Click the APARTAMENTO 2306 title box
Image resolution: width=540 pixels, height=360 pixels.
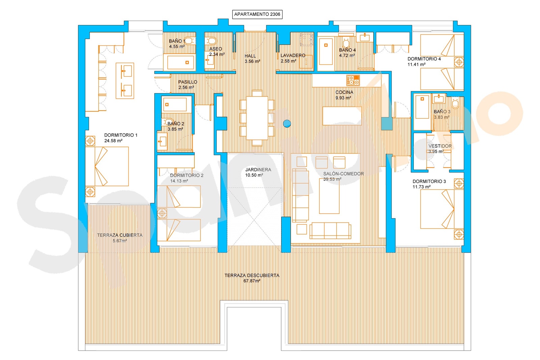point(257,14)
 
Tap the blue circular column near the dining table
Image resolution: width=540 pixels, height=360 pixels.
point(287,123)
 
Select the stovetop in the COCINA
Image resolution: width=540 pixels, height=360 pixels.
point(353,81)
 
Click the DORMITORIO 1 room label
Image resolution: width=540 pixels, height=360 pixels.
point(121,135)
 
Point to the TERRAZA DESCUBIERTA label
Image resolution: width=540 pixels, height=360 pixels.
point(252,275)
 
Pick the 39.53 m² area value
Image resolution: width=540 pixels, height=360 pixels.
point(332,179)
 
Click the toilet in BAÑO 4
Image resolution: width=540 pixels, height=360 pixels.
point(346,43)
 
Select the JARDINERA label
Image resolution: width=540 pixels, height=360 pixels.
point(258,170)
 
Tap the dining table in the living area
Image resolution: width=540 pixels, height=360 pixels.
point(257,118)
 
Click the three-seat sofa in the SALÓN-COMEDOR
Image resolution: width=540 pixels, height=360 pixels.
point(330,230)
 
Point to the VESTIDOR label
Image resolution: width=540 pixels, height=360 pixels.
point(440,146)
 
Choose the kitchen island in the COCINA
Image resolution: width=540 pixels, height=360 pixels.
point(342,116)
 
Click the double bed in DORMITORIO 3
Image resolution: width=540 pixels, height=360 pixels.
point(442,209)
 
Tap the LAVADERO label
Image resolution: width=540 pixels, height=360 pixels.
point(293,55)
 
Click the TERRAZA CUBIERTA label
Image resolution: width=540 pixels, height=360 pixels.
point(120,235)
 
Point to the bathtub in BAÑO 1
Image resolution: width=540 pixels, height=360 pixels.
point(181,62)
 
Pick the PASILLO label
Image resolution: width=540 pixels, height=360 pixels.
point(188,82)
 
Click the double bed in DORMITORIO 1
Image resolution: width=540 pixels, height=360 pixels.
point(107,166)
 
